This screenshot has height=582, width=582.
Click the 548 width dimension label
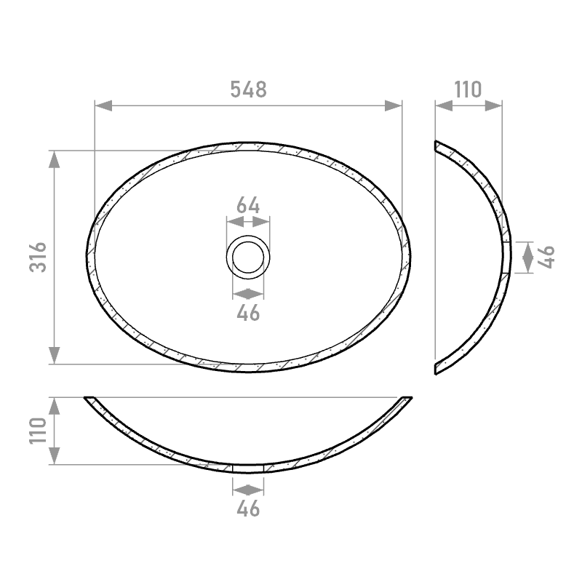pos(248,89)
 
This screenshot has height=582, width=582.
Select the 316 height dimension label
pos(39,258)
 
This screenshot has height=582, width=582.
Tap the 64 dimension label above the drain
pos(248,205)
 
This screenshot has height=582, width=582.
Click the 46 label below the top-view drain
pos(248,313)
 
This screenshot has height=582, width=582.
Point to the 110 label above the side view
pos(468,89)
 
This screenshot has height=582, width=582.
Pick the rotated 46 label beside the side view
pos(546,257)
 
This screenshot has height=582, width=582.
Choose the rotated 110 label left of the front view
pos(39,431)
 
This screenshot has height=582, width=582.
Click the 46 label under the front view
pos(248,509)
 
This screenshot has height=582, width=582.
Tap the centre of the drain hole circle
pos(248,258)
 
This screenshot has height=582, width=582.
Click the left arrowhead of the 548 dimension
pos(103,105)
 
